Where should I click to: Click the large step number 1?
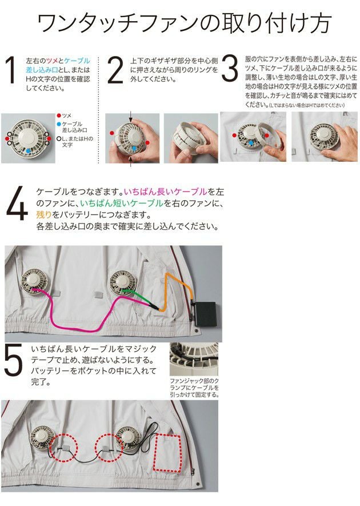point(10,71)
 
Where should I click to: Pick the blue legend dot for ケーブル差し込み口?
point(60,123)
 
